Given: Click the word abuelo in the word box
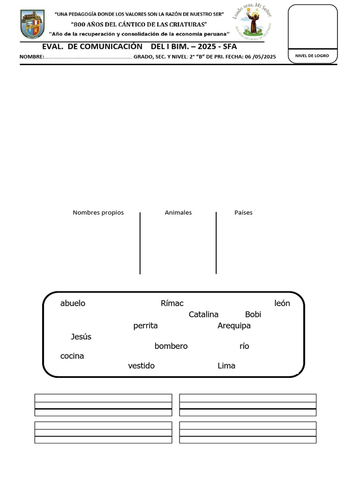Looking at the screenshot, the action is click(73, 303).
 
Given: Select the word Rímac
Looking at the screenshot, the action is click(172, 303).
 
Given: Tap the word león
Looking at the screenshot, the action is click(282, 303).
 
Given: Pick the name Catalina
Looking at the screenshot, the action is click(203, 315).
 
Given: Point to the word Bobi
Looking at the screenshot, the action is click(253, 315).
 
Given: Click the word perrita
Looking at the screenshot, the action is click(145, 326).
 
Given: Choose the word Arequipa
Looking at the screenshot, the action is click(234, 326).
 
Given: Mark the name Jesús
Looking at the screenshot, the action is click(81, 337).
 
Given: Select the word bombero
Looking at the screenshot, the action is click(171, 346).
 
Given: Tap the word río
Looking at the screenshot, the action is click(244, 346).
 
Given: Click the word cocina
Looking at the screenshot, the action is click(72, 356).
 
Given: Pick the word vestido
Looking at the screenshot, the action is click(141, 366).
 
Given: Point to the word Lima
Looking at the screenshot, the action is click(226, 366).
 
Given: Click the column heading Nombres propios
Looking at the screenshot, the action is click(98, 213).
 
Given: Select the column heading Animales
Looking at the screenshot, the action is click(178, 213).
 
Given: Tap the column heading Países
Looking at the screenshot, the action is click(243, 213).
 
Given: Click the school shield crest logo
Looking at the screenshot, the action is click(33, 25).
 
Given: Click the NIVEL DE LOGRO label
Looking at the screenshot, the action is click(312, 56).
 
